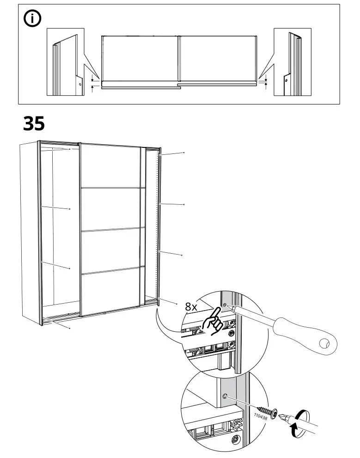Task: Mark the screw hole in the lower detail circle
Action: [225, 396]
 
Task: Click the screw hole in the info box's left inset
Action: [79, 85]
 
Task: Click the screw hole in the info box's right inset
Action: [286, 81]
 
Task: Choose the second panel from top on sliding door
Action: [110, 208]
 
